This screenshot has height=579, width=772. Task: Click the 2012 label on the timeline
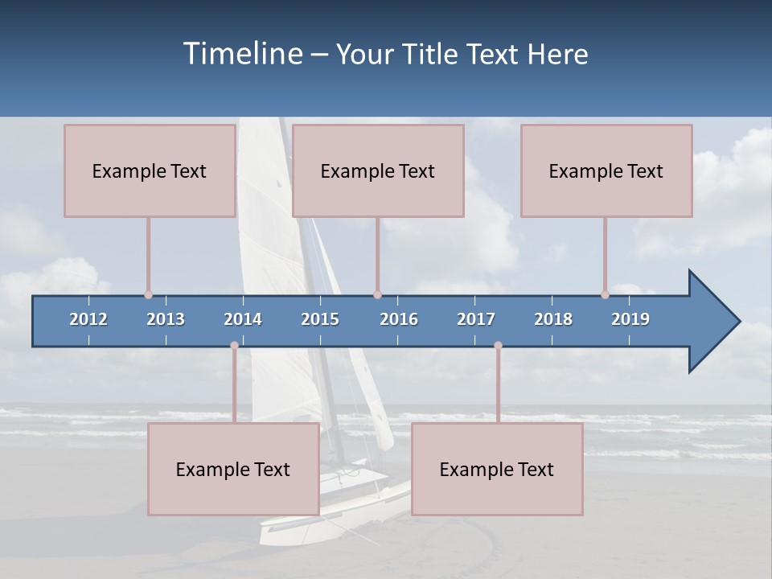(88, 319)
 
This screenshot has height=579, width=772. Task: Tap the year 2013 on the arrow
(166, 319)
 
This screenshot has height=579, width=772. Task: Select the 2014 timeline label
(243, 319)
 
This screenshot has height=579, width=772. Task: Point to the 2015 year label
(320, 319)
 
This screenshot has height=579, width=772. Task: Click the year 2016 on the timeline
(399, 319)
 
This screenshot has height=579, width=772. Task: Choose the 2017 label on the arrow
(476, 319)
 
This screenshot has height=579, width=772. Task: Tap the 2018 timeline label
(553, 319)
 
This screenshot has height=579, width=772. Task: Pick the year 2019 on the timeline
(630, 319)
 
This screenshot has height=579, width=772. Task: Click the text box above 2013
(150, 170)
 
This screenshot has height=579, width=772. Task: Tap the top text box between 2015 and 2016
(378, 170)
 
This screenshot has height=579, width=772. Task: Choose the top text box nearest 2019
(606, 170)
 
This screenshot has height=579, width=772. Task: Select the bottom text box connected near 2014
(233, 469)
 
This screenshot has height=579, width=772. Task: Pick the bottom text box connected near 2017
(497, 469)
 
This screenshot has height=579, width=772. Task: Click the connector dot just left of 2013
(148, 295)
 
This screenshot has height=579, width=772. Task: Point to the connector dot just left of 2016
(377, 295)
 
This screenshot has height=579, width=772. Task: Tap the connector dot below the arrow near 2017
(498, 345)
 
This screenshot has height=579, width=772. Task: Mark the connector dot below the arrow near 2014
(234, 345)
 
